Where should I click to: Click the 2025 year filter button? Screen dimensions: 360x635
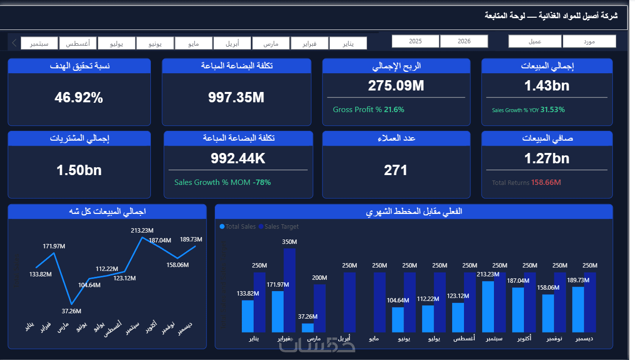(415, 41)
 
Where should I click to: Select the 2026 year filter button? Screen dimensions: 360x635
(464, 41)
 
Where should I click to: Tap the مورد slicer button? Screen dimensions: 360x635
(589, 41)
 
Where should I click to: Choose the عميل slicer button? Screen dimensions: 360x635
(535, 41)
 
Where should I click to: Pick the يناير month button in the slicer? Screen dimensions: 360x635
(348, 43)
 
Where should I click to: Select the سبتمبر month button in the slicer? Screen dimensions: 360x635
(39, 43)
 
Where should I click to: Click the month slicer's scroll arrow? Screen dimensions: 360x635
(14, 43)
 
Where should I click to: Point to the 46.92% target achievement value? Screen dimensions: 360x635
(79, 98)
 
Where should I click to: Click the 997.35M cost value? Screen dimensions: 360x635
(236, 97)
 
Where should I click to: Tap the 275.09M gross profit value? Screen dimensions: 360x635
(396, 86)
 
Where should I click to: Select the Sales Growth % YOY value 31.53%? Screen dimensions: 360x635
(552, 110)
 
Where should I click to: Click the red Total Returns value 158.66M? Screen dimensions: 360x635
(546, 182)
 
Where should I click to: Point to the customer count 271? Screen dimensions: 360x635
(396, 171)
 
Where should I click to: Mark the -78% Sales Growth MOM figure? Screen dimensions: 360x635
(261, 182)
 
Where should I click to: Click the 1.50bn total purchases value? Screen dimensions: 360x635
(79, 171)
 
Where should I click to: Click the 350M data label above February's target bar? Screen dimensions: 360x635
(289, 242)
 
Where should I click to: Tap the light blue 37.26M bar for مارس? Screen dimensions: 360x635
(308, 328)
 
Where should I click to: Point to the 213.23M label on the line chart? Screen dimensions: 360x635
(143, 230)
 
